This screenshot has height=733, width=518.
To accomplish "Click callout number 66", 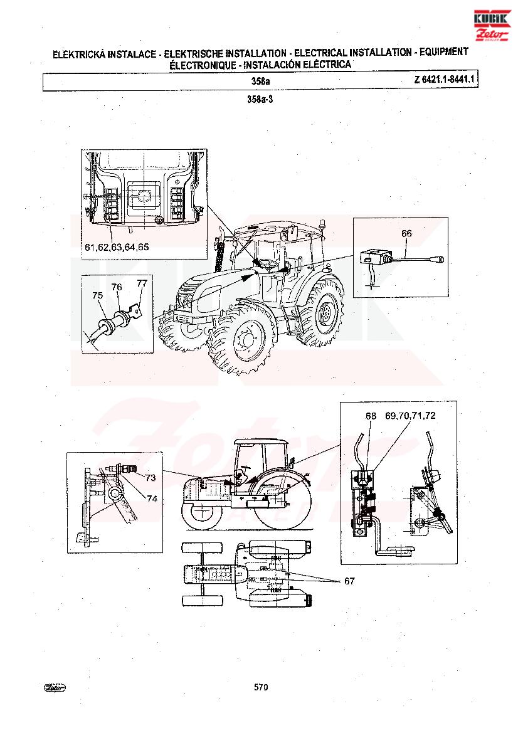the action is click(406, 233).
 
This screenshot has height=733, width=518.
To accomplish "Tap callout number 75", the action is click(97, 295).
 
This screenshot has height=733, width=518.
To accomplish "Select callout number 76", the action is click(117, 287).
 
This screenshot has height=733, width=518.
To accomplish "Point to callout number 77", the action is click(142, 283).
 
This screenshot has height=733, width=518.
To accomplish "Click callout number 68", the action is click(371, 416).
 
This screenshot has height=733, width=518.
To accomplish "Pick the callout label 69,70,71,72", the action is click(410, 416).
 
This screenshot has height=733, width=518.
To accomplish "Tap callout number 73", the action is click(151, 477).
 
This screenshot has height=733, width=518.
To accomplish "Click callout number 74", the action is click(152, 498).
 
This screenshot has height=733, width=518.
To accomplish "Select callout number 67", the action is click(349, 581).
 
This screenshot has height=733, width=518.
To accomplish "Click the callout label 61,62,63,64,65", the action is click(117, 247).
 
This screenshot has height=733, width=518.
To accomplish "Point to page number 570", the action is click(261, 687).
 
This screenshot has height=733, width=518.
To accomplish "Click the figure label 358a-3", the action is click(260, 99).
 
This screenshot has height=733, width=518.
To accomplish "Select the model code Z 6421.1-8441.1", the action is click(443, 80).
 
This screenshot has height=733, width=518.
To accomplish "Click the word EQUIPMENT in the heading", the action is click(443, 52).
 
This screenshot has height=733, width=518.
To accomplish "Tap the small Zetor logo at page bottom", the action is click(55, 687).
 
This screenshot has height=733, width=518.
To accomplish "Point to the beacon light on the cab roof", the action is click(322, 224).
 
